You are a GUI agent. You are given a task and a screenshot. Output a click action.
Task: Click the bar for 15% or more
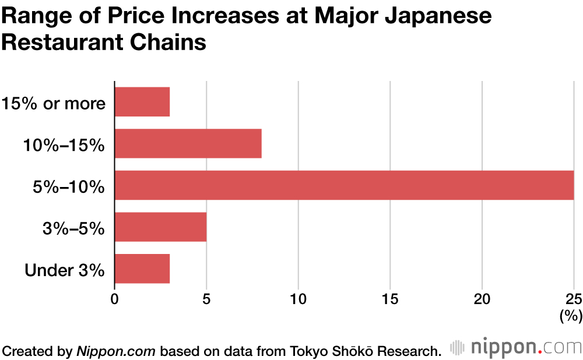(x=142, y=102)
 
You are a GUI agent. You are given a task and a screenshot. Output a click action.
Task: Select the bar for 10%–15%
(x=188, y=143)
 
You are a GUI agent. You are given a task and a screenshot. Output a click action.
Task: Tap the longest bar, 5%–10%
(x=344, y=185)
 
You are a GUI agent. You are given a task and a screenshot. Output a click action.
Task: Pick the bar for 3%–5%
(x=160, y=227)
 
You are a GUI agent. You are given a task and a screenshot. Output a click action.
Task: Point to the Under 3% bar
(x=142, y=269)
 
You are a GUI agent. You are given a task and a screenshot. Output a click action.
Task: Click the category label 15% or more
(x=54, y=104)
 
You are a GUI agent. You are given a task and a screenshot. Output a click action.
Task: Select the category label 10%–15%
(x=64, y=145)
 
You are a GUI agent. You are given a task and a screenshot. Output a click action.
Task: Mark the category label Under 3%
(x=65, y=270)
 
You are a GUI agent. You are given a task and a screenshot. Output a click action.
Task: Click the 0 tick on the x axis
(x=115, y=299)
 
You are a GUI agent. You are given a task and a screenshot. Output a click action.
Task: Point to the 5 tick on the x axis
(x=206, y=299)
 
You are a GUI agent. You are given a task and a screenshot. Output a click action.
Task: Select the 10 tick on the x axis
(x=298, y=299)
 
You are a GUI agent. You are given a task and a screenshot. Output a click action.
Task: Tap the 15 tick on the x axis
(x=390, y=299)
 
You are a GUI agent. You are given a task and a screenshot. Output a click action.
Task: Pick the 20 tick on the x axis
(x=482, y=299)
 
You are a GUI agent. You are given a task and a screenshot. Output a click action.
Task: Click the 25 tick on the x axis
(x=574, y=299)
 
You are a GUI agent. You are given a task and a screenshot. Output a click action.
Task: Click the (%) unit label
(x=571, y=316)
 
